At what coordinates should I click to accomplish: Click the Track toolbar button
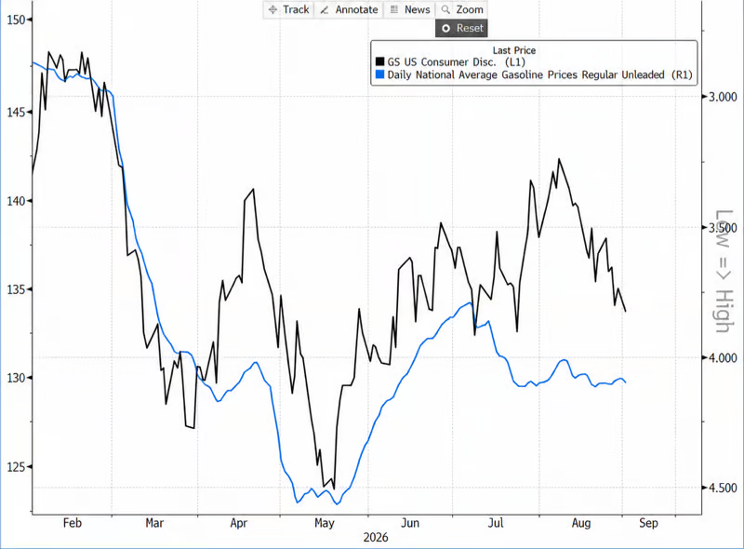(288, 9)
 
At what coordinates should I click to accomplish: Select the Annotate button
(349, 9)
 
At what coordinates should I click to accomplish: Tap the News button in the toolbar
(409, 9)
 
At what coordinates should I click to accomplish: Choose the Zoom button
(461, 9)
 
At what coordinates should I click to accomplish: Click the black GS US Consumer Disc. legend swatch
(379, 61)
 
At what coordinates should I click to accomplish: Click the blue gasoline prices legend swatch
(379, 74)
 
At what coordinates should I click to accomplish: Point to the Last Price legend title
(514, 50)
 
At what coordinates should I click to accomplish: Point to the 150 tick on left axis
(16, 20)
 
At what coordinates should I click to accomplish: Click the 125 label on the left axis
(16, 467)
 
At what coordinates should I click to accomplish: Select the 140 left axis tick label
(16, 201)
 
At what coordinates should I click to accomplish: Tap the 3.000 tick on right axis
(723, 97)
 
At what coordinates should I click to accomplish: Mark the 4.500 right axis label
(723, 488)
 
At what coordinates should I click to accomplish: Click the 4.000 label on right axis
(723, 357)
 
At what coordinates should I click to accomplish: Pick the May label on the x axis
(325, 523)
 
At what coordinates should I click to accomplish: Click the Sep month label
(648, 523)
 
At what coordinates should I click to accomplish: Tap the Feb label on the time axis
(73, 523)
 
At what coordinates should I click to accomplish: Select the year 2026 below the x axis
(376, 538)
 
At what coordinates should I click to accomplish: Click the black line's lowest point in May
(334, 489)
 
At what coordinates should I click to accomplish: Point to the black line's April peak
(253, 189)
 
